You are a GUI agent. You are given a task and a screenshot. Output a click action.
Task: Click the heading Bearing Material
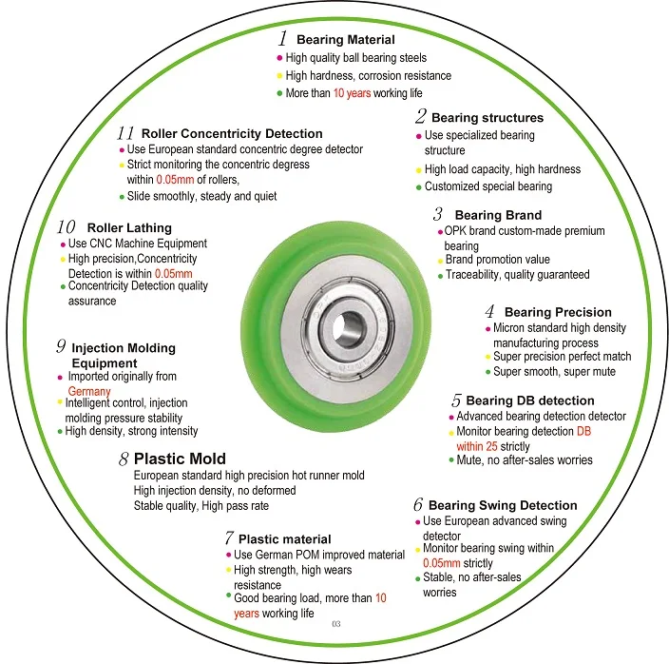point(346,40)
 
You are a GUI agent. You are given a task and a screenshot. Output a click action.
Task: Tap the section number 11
point(125,133)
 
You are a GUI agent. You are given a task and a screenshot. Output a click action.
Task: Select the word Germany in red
point(89,391)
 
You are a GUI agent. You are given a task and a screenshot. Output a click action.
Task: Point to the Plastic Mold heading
point(180,459)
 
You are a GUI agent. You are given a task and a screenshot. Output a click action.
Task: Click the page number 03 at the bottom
point(336,624)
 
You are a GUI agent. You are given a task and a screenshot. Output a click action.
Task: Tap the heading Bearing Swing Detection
point(503,505)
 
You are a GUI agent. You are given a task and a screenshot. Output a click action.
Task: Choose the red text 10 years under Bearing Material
point(352,93)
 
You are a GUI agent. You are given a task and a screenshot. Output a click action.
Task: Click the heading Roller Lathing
point(129,227)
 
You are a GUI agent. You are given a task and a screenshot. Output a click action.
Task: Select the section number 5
point(456,400)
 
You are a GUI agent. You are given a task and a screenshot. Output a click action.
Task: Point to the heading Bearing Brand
point(498,215)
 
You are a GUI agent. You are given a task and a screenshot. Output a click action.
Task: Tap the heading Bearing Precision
point(558,312)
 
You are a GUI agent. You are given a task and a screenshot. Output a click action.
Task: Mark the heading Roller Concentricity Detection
point(232,133)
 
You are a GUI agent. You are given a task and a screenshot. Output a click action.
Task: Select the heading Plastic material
point(284,538)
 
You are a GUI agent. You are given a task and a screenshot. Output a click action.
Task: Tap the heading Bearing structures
point(487,117)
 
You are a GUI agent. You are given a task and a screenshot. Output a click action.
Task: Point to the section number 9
point(61,346)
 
